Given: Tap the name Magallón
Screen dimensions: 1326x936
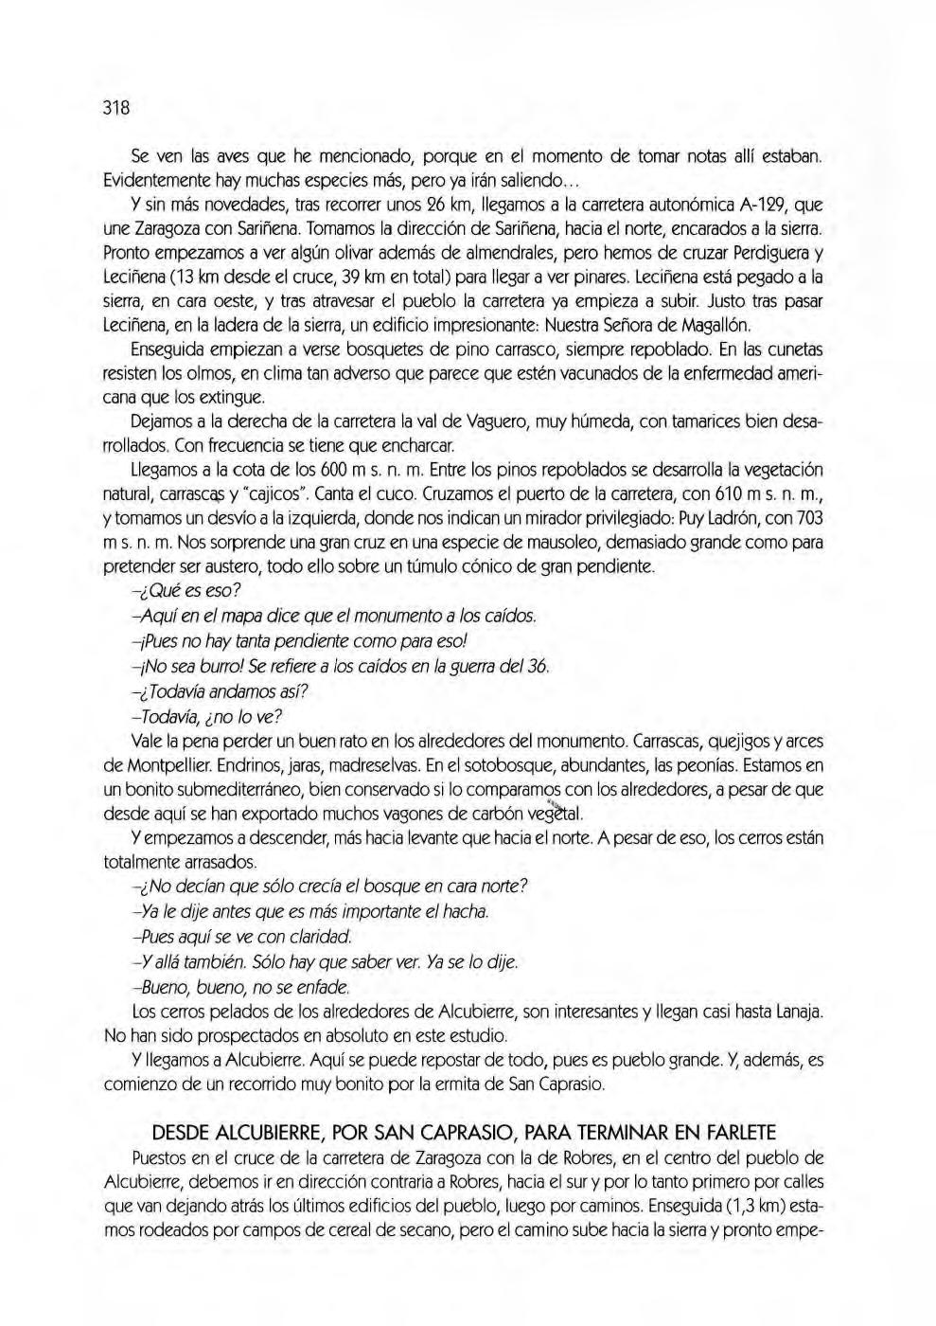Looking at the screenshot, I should pos(715,328).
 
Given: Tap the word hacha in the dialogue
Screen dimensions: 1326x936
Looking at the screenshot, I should pos(468,912).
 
